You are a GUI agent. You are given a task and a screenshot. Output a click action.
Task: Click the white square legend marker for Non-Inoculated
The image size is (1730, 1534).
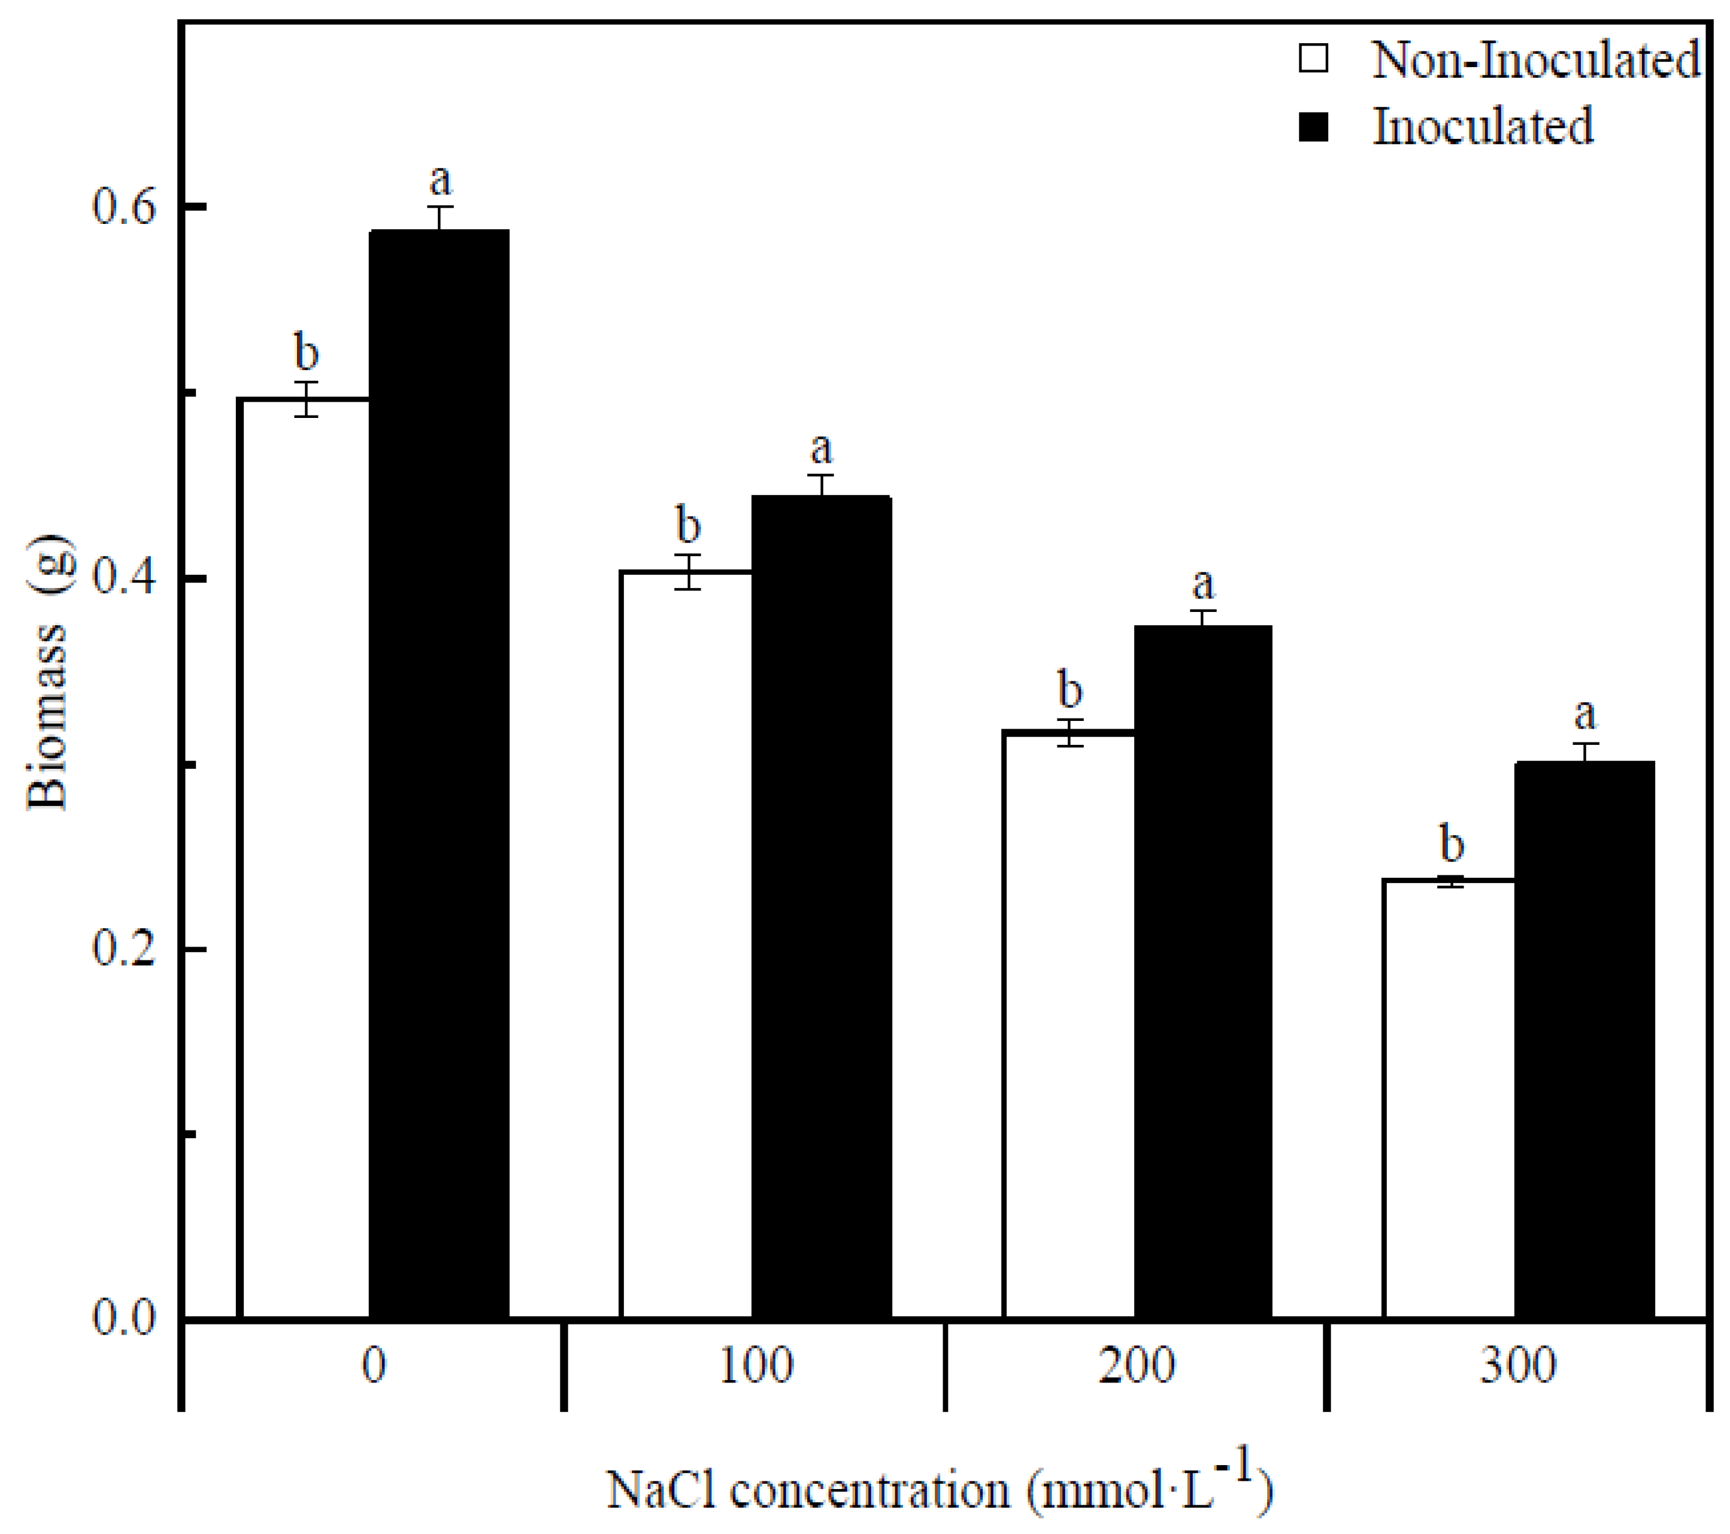coord(1314,59)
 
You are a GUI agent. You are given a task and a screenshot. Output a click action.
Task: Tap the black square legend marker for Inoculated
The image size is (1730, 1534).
coord(1314,127)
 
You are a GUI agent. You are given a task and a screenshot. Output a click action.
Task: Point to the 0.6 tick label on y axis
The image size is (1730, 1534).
coord(125,207)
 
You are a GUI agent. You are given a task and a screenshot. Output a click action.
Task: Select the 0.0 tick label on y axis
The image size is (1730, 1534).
coord(125,1319)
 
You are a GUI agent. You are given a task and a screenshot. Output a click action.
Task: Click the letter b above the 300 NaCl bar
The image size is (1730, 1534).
coord(1452,844)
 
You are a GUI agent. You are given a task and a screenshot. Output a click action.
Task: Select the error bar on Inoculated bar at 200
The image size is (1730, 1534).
coord(1202,618)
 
